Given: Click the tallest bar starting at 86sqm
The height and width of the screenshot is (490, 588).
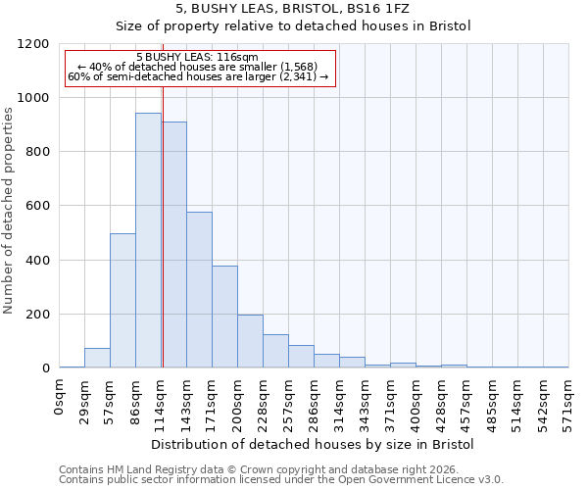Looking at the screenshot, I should click(148, 240).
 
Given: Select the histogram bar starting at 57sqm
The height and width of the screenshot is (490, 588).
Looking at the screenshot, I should click(122, 301).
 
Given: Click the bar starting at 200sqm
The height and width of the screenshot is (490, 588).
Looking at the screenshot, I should click(250, 341).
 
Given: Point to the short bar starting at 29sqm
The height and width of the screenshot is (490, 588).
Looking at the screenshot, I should click(97, 358).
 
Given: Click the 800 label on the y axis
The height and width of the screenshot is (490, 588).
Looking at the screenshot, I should click(36, 152).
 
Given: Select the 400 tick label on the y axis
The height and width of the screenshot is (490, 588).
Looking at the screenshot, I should click(36, 261).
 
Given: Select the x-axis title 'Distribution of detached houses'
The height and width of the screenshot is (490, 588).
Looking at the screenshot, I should click(314, 444).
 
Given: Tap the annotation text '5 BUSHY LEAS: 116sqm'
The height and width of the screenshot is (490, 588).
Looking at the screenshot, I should click(198, 58).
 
